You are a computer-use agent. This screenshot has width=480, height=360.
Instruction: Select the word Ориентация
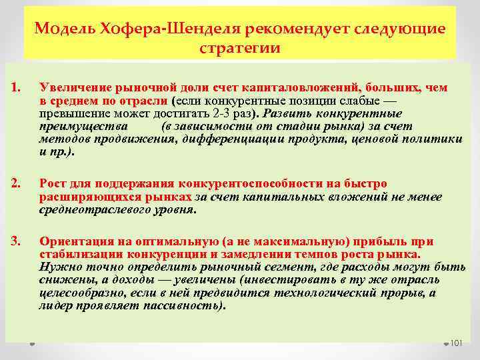pos(72,241)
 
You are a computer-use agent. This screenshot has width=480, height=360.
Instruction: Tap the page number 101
pos(457,343)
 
